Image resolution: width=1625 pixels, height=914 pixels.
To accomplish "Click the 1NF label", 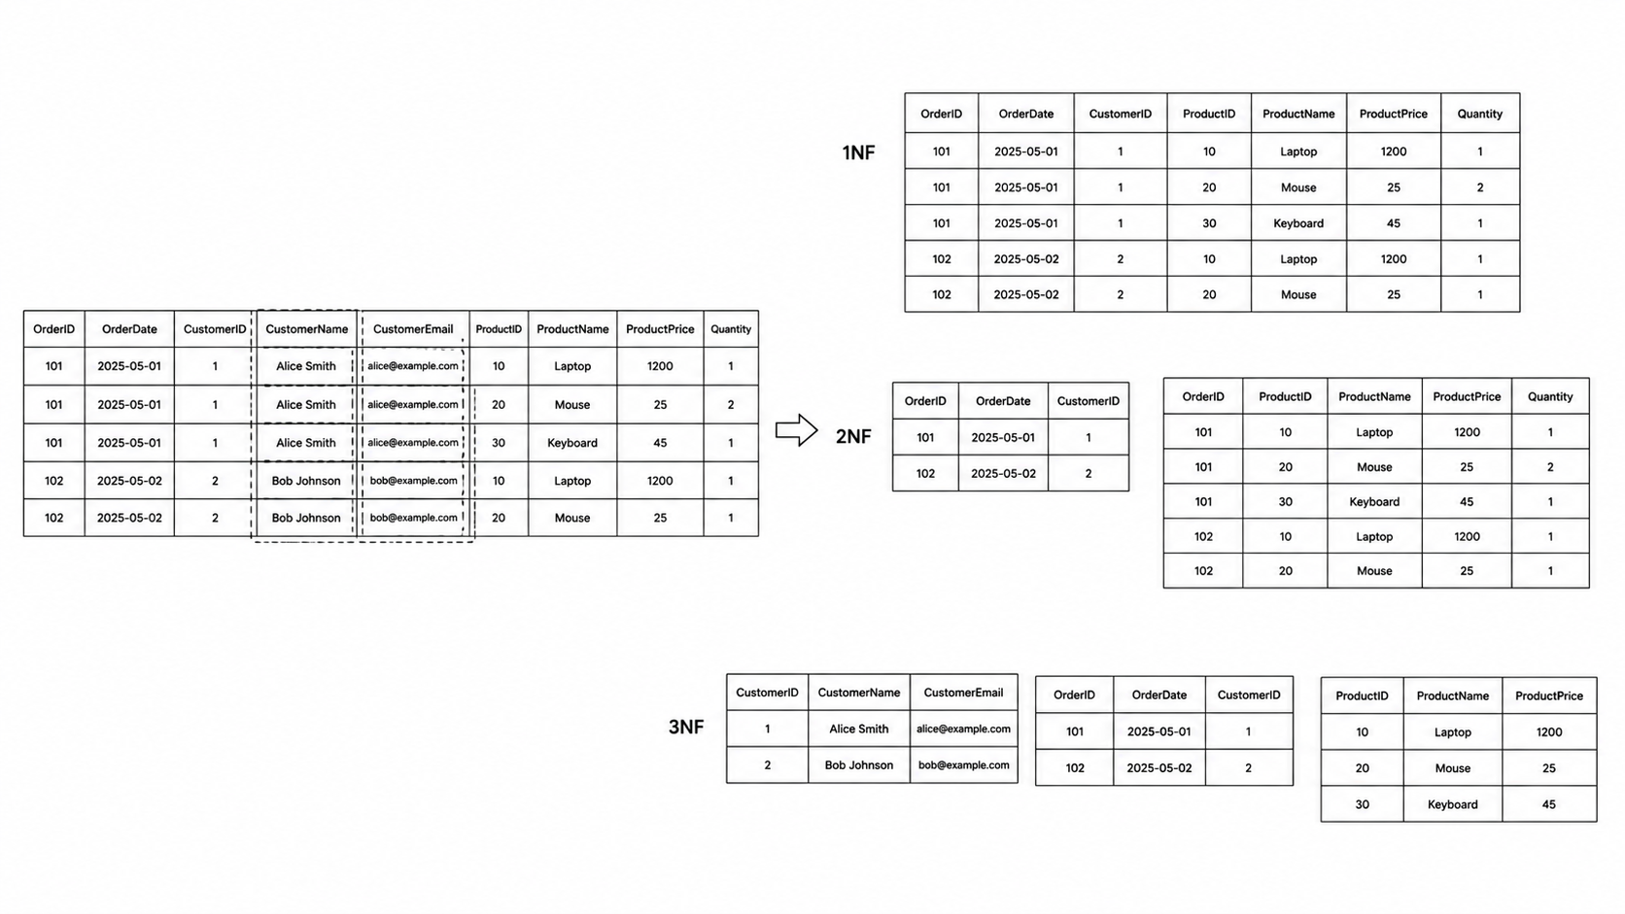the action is point(858,152).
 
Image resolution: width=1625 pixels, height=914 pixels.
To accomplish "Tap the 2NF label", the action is point(853,436).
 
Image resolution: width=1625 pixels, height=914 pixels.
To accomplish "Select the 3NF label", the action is point(685,727).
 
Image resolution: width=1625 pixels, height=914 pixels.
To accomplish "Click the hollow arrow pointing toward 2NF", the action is point(797,430).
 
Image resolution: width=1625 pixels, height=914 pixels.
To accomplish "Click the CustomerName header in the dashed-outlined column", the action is point(307,329).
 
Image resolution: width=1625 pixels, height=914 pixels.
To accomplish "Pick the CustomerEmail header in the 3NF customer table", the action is point(963,693).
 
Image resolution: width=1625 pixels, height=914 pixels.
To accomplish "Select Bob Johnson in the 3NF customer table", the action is point(859,764).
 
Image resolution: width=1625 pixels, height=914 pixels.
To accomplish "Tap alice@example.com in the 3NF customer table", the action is point(963,728).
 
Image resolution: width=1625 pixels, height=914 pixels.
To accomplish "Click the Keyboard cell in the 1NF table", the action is point(1298,223).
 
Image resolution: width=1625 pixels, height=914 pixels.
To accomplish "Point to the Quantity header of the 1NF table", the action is point(1480,114).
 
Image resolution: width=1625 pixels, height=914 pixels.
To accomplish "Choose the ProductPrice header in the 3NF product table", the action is point(1549,695).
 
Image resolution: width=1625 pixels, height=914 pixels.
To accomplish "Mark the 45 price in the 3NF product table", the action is point(1549,804).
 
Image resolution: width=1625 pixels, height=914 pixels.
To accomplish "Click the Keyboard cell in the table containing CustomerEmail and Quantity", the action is point(572,443).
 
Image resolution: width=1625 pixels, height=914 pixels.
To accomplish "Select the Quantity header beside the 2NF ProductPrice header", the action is point(1550,396).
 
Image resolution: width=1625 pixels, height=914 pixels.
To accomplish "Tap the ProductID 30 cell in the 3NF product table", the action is point(1363,804).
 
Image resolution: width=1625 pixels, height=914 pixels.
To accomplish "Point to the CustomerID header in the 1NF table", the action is point(1120,114).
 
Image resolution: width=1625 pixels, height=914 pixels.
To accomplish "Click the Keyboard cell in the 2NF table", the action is point(1374,501).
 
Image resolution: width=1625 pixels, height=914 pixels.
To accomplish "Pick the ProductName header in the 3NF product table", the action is point(1452,695).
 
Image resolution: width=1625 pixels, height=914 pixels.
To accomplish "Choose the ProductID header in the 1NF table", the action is point(1209,114).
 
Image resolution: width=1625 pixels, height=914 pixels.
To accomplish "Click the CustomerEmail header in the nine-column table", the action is point(413,329).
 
